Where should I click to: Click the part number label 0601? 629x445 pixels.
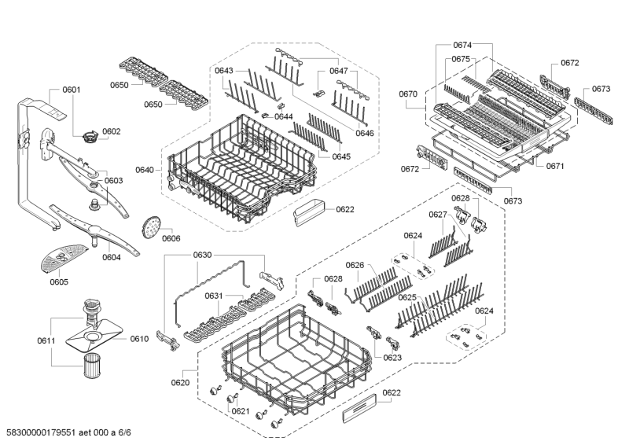(x=71, y=90)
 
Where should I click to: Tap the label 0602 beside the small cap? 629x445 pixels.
(x=111, y=131)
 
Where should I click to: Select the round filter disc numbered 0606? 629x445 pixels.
(x=148, y=226)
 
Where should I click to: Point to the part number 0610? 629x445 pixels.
(x=138, y=339)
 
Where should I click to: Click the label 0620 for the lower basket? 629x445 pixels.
(x=182, y=383)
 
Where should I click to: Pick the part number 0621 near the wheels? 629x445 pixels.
(x=240, y=411)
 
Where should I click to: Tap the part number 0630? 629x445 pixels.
(x=203, y=256)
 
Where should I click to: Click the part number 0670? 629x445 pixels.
(x=408, y=94)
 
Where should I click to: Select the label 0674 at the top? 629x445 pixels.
(x=462, y=45)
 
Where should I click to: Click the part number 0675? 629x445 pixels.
(x=461, y=59)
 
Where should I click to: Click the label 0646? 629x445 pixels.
(x=364, y=134)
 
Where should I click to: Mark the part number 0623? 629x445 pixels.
(x=392, y=358)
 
